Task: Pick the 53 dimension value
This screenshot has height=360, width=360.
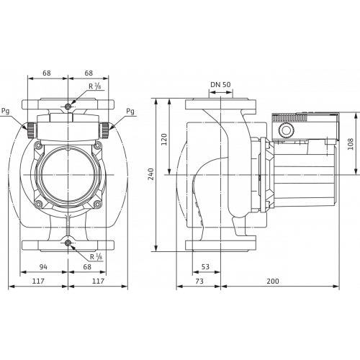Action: coord(205,268)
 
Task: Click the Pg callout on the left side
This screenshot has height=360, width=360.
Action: coord(6,113)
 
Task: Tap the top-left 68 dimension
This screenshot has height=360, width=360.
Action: coord(47,73)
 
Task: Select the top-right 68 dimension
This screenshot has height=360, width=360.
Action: coord(89,73)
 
